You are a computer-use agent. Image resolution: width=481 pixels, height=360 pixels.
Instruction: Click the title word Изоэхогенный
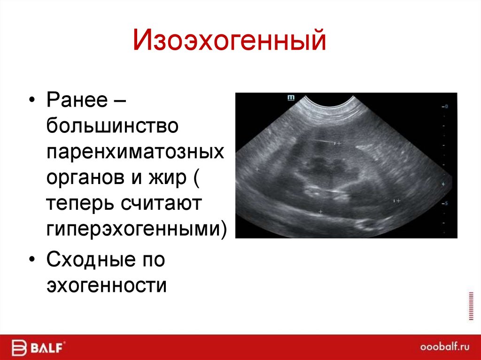[229, 40]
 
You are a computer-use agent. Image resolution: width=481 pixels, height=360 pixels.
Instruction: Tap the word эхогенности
[106, 285]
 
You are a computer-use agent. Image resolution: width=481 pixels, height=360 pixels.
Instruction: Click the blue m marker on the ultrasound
[290, 98]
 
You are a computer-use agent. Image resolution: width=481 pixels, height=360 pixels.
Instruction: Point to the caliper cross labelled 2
[338, 143]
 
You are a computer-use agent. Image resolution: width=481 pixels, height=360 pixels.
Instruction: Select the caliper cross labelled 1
[398, 200]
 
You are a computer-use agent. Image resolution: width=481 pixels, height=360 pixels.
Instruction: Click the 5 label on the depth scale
[446, 203]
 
